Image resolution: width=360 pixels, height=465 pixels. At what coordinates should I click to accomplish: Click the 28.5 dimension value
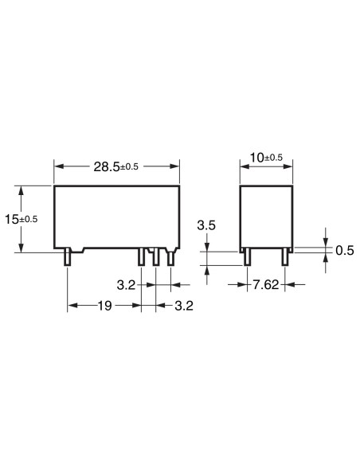point(105,166)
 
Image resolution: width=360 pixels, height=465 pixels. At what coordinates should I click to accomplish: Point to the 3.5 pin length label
point(206,225)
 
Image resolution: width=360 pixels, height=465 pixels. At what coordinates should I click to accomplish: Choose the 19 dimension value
point(104,305)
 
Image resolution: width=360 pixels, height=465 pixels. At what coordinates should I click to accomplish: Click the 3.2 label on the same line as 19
point(184,305)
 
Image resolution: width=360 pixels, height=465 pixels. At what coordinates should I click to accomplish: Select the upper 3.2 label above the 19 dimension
point(125,284)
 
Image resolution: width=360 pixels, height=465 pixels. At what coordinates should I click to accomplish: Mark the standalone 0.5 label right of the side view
point(344,250)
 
